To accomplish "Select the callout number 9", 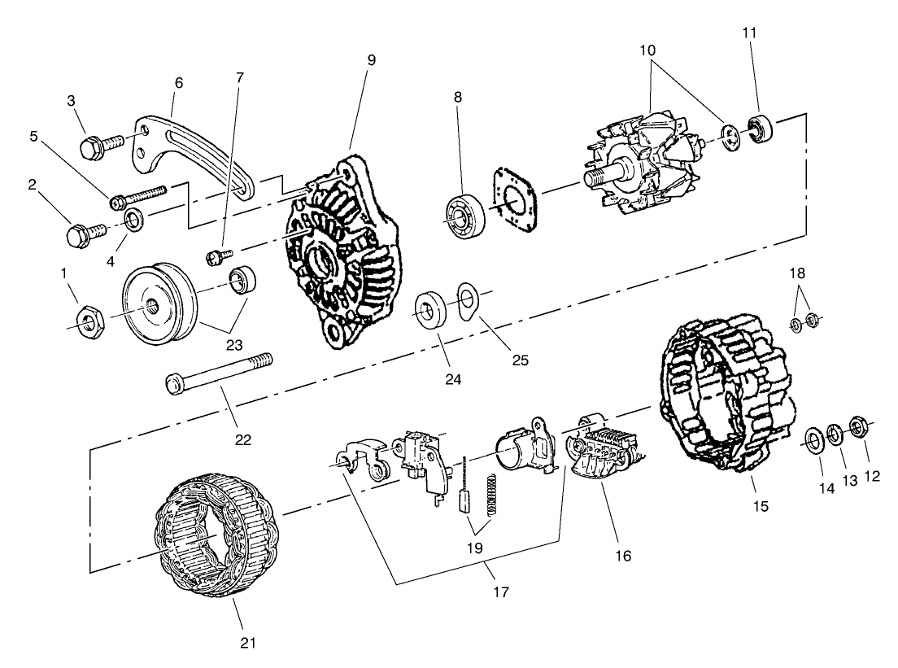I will [371, 59].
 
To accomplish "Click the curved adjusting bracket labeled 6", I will [196, 150].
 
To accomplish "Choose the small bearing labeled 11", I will [760, 128].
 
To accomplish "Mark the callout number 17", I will [501, 592].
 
